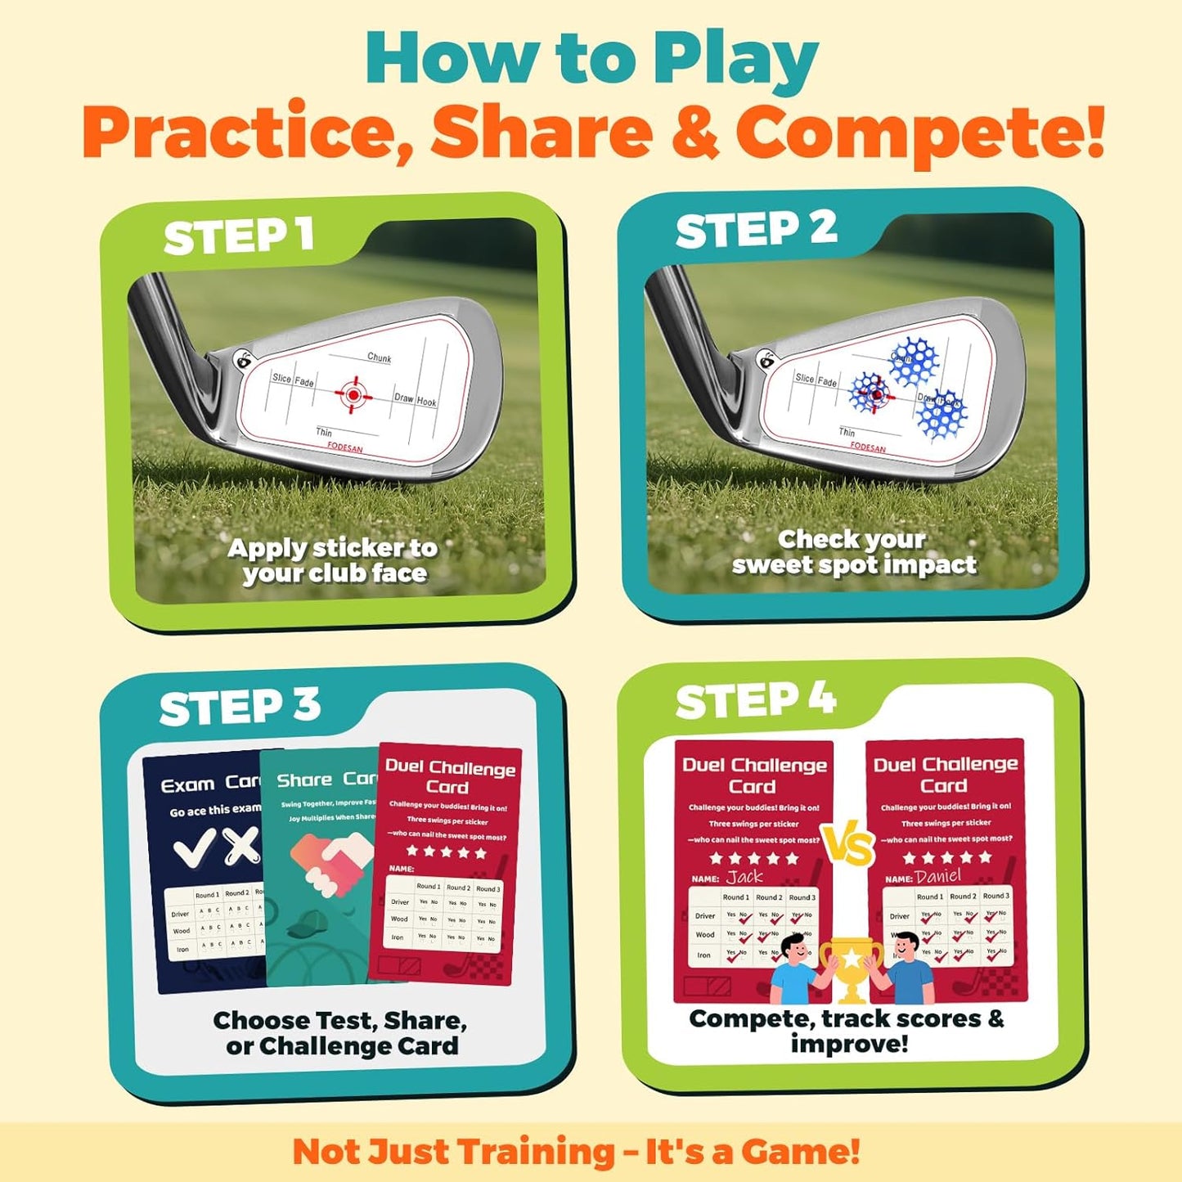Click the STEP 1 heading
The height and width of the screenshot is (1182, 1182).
238,236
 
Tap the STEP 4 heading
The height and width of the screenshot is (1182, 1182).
755,701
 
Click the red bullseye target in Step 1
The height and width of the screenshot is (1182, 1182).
353,395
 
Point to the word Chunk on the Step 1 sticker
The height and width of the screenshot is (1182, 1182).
379,357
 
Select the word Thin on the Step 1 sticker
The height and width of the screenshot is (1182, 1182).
324,432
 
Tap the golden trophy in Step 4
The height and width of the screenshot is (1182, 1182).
852,968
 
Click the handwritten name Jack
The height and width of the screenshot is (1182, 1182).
744,877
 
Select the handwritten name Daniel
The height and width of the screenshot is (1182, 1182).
938,876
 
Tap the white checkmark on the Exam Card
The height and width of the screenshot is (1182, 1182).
196,847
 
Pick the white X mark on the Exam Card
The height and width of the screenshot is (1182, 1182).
242,846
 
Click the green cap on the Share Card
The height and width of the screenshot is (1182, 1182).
308,926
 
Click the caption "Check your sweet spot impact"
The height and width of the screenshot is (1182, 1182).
853,552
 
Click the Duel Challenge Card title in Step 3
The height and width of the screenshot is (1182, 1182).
450,777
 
